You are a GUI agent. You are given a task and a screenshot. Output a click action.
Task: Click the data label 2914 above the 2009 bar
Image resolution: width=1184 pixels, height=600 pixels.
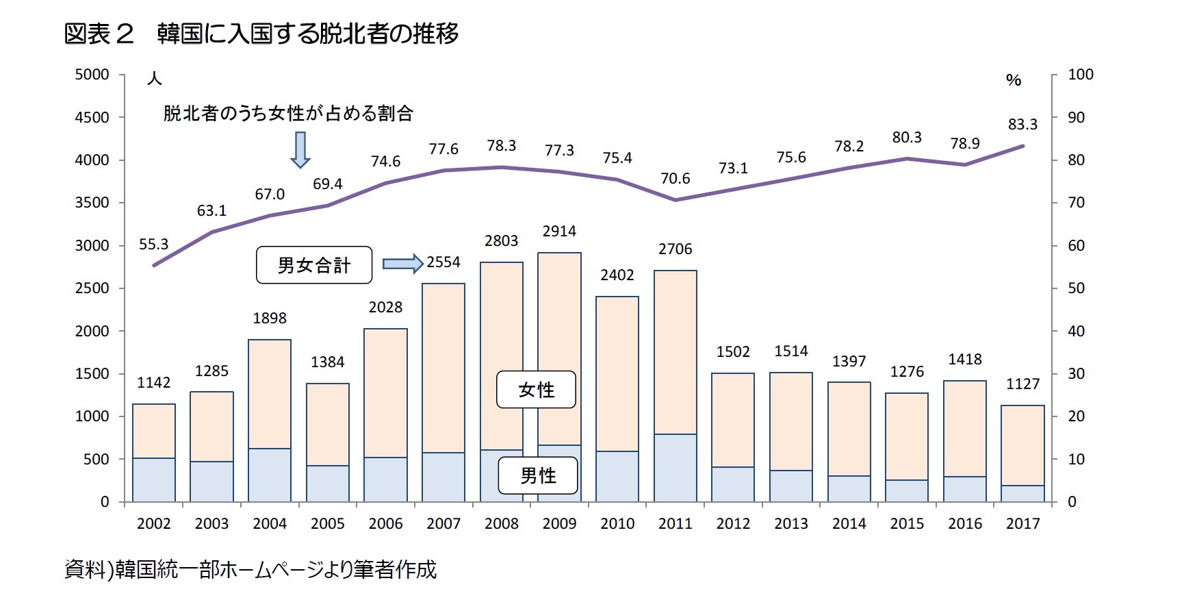(559, 232)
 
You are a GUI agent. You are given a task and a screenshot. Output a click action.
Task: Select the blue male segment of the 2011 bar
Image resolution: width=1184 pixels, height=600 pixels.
(675, 467)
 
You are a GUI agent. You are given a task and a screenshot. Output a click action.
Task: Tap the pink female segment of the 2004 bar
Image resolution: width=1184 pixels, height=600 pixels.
(270, 394)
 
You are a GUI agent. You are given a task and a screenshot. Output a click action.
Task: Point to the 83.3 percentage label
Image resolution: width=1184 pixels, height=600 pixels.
(1022, 125)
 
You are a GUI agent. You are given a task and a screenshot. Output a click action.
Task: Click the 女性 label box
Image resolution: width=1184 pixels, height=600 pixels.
(536, 390)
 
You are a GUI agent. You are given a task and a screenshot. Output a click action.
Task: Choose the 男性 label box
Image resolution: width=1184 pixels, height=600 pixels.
(538, 475)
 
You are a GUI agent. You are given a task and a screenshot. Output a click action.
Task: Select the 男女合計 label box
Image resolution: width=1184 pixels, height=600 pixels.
(314, 265)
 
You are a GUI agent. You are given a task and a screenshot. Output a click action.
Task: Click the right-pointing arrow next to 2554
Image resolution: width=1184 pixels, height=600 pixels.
(402, 264)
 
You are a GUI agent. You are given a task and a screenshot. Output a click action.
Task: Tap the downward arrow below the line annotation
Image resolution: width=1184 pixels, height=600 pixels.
(300, 150)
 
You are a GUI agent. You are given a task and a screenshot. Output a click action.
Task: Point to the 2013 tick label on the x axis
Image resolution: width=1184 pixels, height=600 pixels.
(791, 524)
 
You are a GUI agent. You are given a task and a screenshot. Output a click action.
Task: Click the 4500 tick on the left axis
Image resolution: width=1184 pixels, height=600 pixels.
(92, 118)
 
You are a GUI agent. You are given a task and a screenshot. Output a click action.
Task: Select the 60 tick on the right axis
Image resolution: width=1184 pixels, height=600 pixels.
(1076, 246)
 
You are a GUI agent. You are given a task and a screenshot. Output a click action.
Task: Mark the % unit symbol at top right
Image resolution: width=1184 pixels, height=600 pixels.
(1014, 80)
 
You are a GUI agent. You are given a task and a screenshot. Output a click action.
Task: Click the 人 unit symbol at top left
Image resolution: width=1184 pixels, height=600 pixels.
(155, 79)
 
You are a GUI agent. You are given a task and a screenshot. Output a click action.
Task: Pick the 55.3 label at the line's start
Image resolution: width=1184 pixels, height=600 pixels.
(153, 245)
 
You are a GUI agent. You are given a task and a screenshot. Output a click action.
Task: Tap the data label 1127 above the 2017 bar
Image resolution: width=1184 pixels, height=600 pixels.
(1022, 384)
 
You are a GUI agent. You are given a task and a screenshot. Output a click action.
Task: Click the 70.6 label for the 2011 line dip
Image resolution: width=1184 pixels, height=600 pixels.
(675, 179)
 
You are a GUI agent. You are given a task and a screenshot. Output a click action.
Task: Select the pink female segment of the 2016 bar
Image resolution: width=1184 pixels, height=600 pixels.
(965, 428)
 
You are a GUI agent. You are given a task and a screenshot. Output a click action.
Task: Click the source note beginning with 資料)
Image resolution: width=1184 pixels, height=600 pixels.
(250, 569)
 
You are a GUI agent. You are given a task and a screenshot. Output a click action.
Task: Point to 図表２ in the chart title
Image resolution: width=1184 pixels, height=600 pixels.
(99, 34)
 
